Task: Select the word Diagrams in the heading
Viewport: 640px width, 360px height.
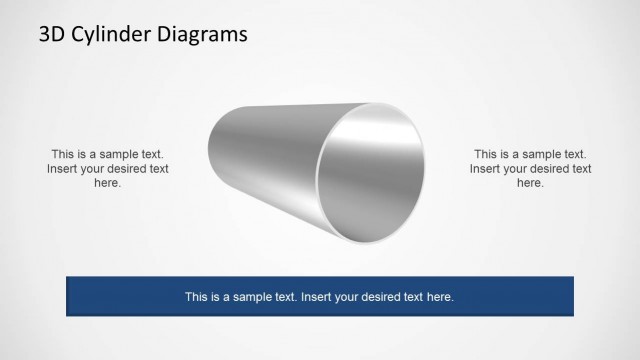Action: click(202, 35)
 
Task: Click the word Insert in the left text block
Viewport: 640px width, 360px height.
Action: click(65, 169)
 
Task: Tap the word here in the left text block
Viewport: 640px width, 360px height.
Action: click(107, 183)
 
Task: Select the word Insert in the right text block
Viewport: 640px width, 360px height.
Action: click(488, 169)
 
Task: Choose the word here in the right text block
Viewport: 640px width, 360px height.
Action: click(530, 183)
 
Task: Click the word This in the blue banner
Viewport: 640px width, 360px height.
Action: click(197, 297)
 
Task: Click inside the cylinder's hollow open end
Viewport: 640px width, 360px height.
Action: click(372, 172)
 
